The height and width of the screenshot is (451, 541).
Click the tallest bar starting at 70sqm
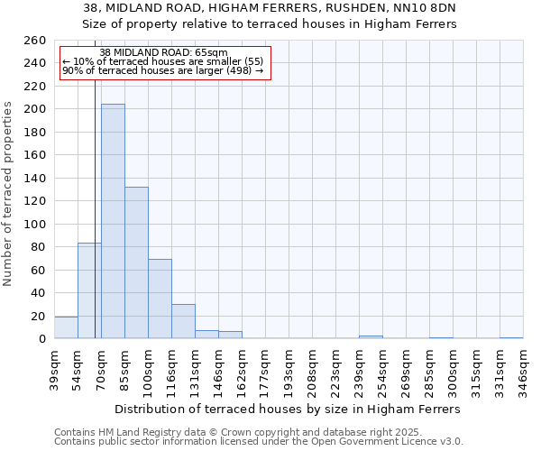point(113,221)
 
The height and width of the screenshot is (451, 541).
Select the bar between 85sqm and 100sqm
point(136,262)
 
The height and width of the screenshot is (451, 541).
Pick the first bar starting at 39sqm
point(66,328)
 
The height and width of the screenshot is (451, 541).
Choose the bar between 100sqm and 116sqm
point(160,299)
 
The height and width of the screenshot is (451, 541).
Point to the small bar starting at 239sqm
point(371,337)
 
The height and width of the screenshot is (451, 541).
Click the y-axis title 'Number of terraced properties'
point(8,194)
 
